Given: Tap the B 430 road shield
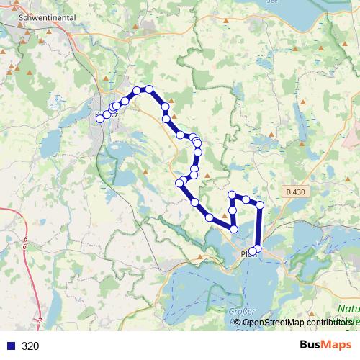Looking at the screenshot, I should pyautogui.click(x=295, y=192).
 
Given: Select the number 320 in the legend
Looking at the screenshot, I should pyautogui.click(x=30, y=346).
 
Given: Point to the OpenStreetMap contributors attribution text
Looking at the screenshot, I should pyautogui.click(x=297, y=322).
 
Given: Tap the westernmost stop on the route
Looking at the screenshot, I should pyautogui.click(x=99, y=119).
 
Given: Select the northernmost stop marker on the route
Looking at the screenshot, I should pyautogui.click(x=149, y=89).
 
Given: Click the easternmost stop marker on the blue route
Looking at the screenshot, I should pyautogui.click(x=261, y=205).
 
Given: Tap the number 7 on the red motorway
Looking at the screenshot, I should pyautogui.click(x=40, y=319).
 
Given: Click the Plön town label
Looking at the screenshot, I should pyautogui.click(x=248, y=253).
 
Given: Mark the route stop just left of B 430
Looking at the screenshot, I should pyautogui.click(x=261, y=205).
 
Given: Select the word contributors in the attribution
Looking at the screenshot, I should pyautogui.click(x=321, y=322).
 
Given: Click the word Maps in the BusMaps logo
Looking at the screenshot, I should pyautogui.click(x=336, y=346).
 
